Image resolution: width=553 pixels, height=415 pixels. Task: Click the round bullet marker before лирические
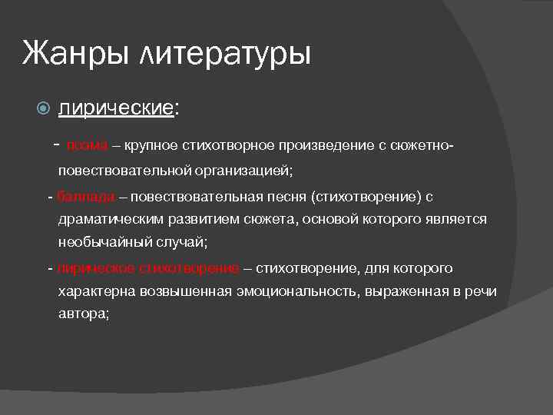click(44, 110)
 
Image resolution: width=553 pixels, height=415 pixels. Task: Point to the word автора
click(84, 314)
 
